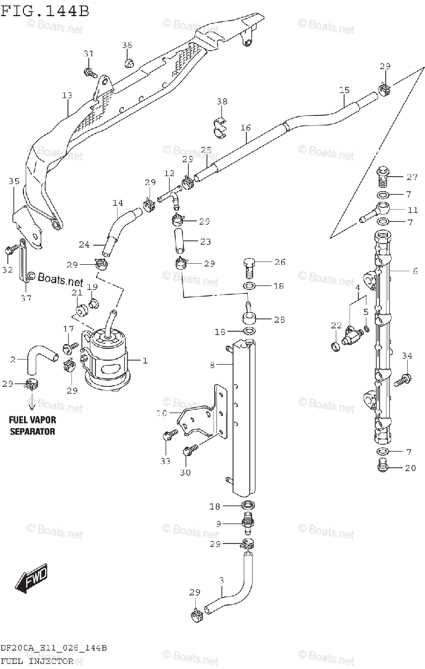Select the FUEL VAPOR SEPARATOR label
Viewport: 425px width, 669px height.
[x=32, y=425]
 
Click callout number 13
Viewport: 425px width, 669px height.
[x=67, y=96]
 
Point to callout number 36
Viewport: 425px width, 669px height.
[x=127, y=45]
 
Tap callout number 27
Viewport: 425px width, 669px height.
[x=412, y=178]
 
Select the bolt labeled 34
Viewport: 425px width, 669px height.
[x=402, y=381]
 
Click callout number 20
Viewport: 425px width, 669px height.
[x=410, y=468]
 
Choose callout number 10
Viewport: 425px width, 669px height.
[x=161, y=413]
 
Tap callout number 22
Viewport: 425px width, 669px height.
[x=336, y=326]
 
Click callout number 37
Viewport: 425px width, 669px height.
[x=26, y=298]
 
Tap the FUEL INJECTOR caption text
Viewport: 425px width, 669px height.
[x=36, y=661]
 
